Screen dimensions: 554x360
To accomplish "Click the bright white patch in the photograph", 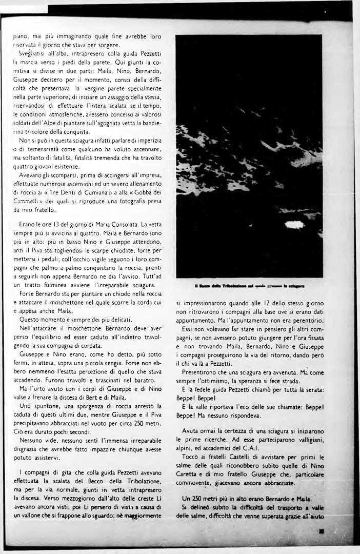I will pos(294,225).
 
